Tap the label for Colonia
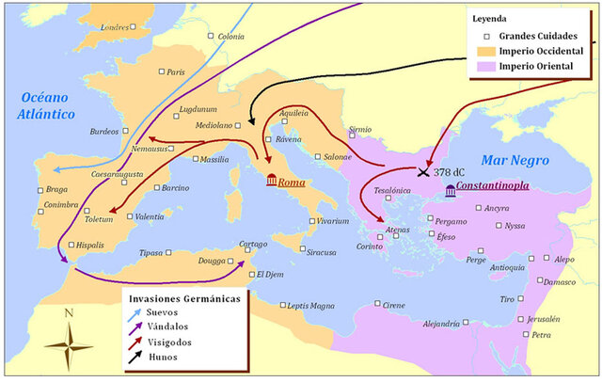point(230,37)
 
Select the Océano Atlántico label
point(41,105)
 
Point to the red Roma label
point(292,182)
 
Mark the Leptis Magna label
point(309,306)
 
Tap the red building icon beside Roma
point(271,181)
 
